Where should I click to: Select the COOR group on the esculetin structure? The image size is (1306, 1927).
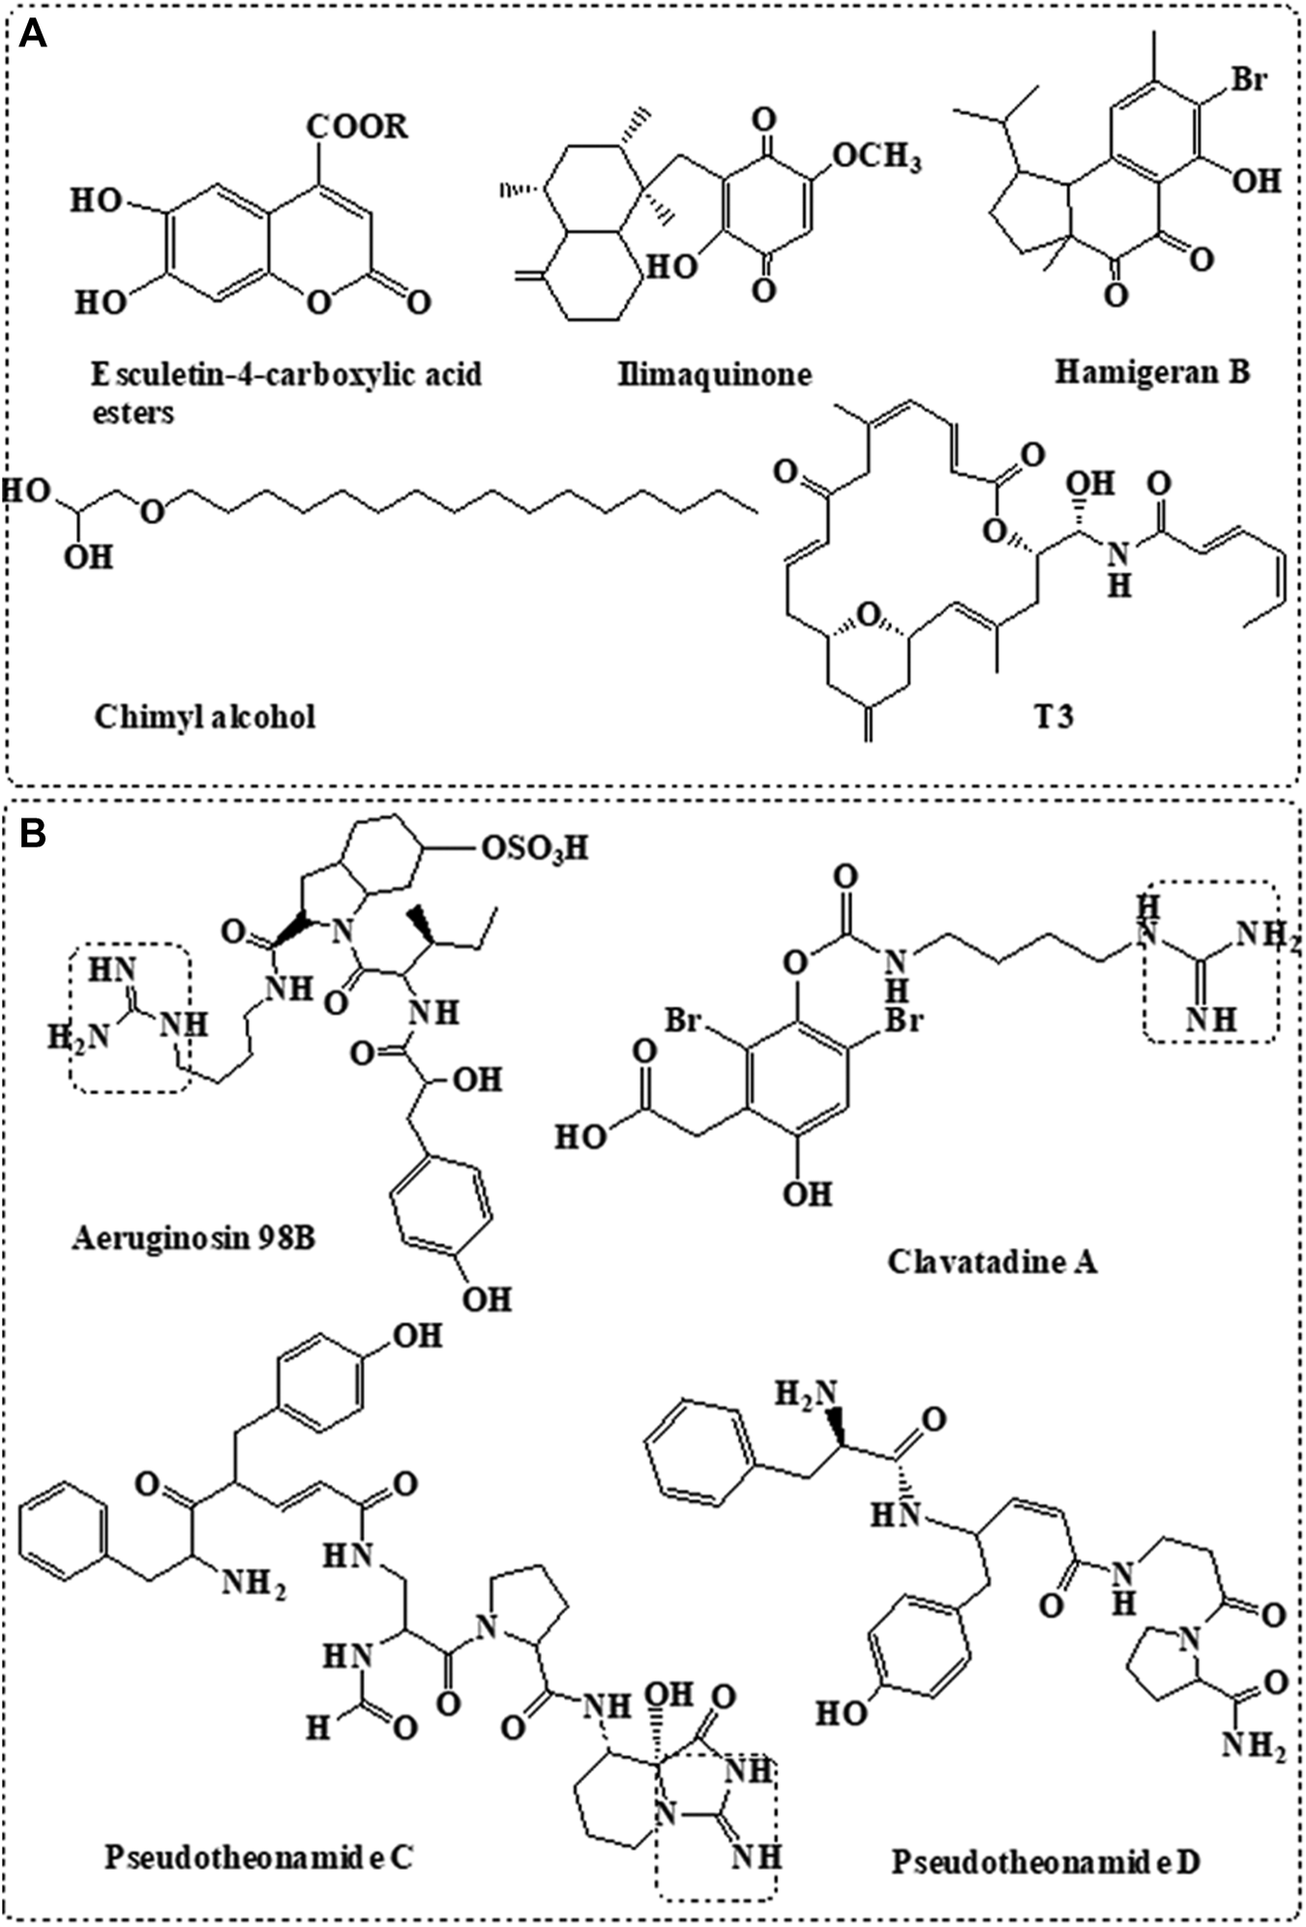click(357, 127)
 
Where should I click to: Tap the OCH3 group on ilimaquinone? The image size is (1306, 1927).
click(876, 155)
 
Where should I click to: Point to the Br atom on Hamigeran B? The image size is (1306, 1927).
click(1247, 79)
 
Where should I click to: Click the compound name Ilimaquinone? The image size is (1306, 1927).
click(714, 373)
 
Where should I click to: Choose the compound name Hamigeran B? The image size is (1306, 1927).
click(1151, 371)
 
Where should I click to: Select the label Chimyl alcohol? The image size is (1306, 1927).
click(205, 717)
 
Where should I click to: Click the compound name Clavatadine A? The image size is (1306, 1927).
click(993, 1262)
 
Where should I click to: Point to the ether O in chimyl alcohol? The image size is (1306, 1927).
click(152, 510)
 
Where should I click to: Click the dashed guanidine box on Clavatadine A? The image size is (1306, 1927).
click(1209, 961)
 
